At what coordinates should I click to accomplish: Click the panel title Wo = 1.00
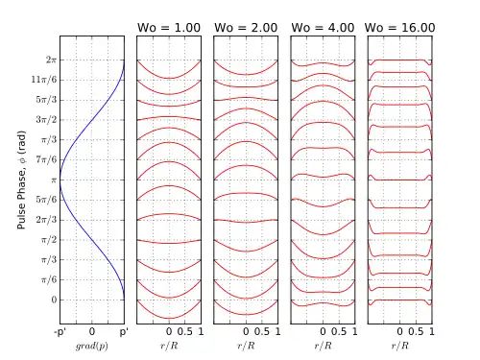pyautogui.click(x=169, y=28)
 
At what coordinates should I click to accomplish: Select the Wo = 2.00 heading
pyautogui.click(x=246, y=28)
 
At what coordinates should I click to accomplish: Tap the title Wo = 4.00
pyautogui.click(x=323, y=28)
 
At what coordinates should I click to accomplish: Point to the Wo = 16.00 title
pyautogui.click(x=399, y=28)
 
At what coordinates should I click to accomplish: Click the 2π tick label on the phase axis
pyautogui.click(x=51, y=60)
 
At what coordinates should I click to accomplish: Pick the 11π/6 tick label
pyautogui.click(x=44, y=80)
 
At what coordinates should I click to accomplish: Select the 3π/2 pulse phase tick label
pyautogui.click(x=46, y=120)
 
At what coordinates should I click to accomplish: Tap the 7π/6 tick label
pyautogui.click(x=46, y=159)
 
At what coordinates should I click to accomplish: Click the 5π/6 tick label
pyautogui.click(x=46, y=200)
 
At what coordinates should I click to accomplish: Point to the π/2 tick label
pyautogui.click(x=49, y=239)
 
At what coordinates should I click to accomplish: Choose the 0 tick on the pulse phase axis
pyautogui.click(x=54, y=300)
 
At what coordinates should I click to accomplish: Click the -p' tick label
pyautogui.click(x=60, y=332)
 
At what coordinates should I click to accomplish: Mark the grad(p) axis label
pyautogui.click(x=92, y=346)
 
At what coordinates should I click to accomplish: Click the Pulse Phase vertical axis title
pyautogui.click(x=21, y=180)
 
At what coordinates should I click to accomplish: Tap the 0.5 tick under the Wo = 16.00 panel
pyautogui.click(x=416, y=331)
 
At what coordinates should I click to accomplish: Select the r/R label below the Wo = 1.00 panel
pyautogui.click(x=169, y=346)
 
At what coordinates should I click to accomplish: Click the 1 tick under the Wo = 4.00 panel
pyautogui.click(x=355, y=331)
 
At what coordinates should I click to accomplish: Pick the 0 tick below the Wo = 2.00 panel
pyautogui.click(x=246, y=331)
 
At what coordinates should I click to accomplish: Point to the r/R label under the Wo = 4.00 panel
pyautogui.click(x=323, y=346)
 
